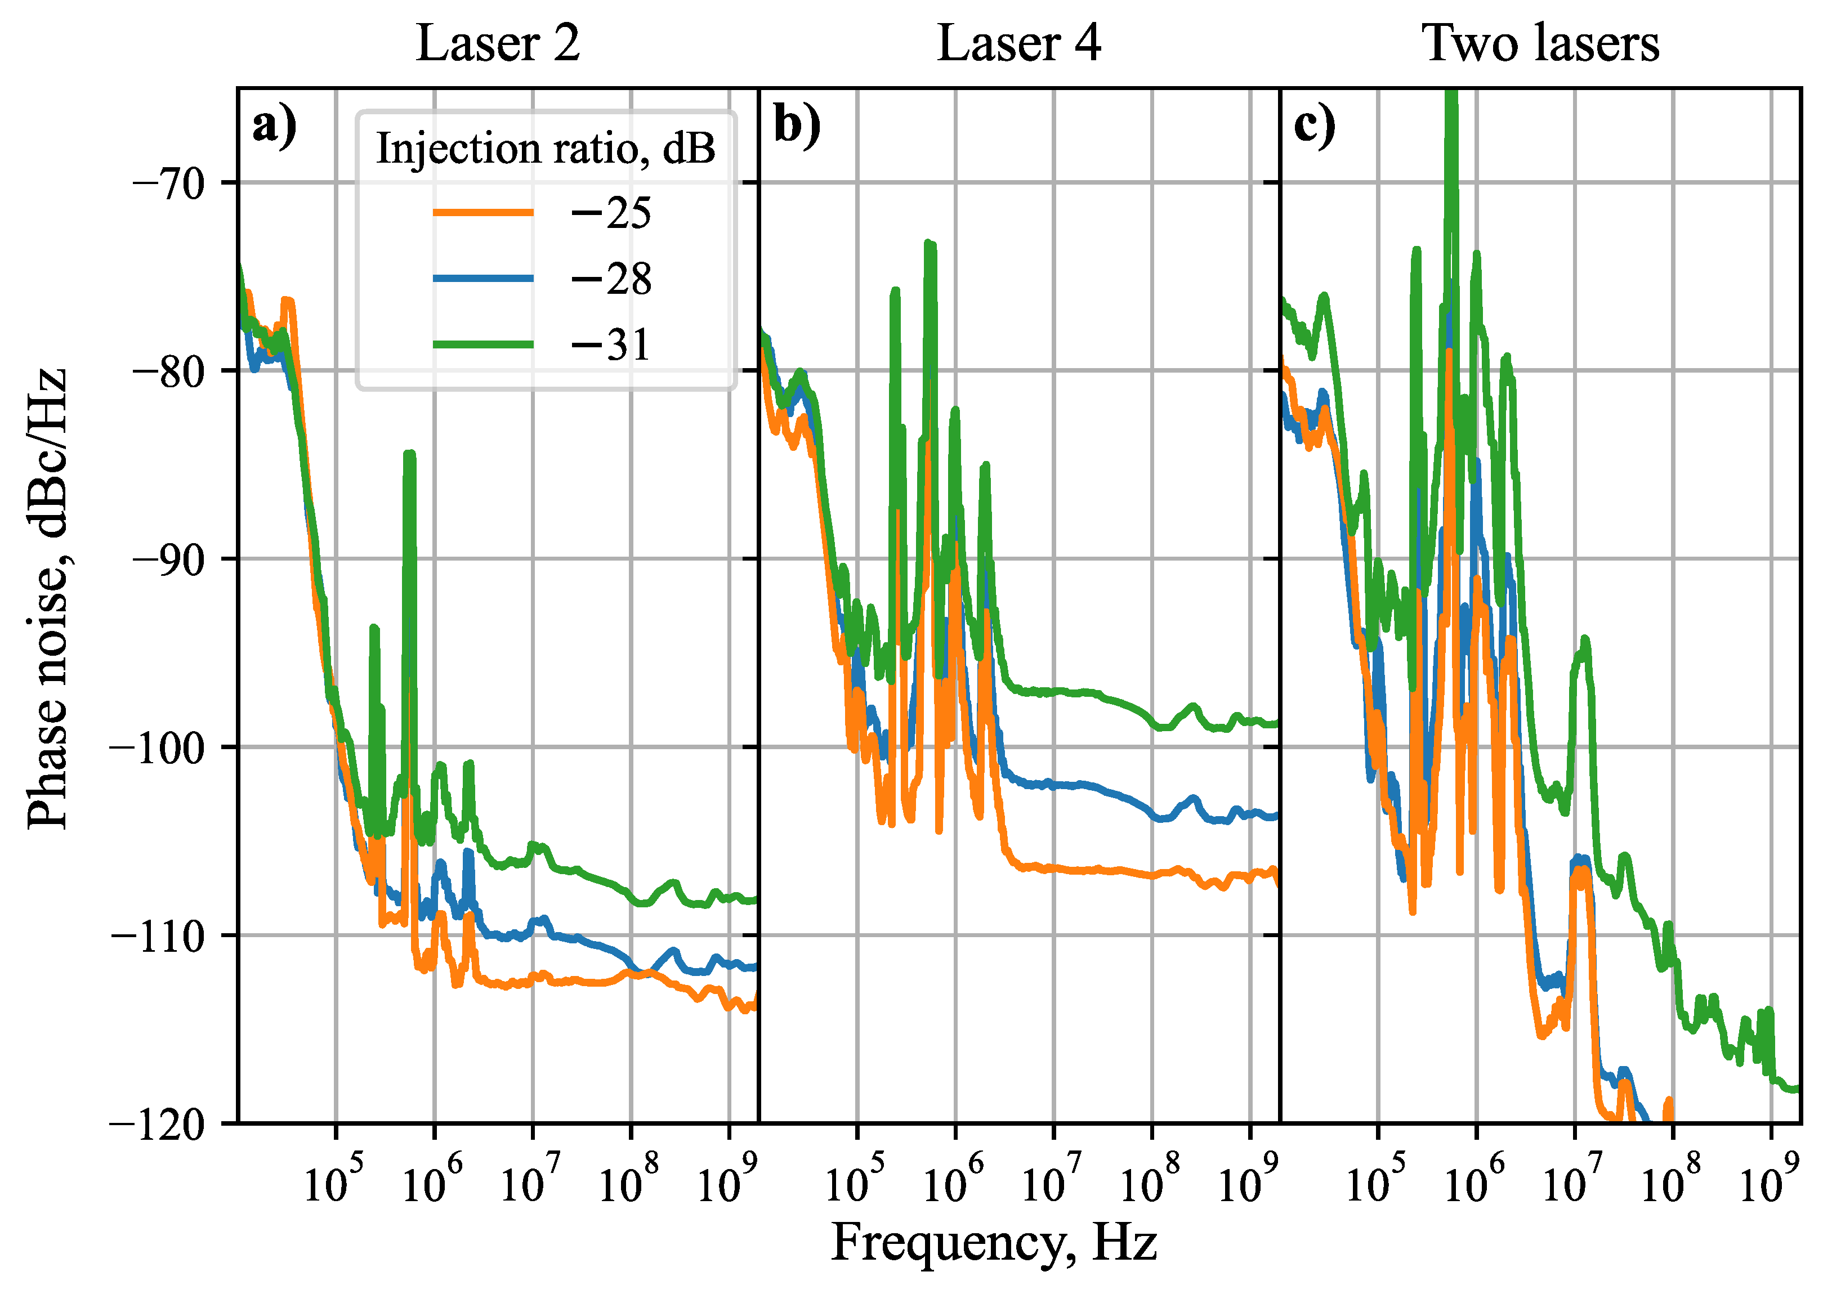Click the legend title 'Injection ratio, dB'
click(x=546, y=149)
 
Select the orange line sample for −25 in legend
click(x=483, y=212)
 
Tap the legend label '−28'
click(x=610, y=279)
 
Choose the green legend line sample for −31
click(x=483, y=344)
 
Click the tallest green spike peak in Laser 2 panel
click(x=409, y=454)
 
